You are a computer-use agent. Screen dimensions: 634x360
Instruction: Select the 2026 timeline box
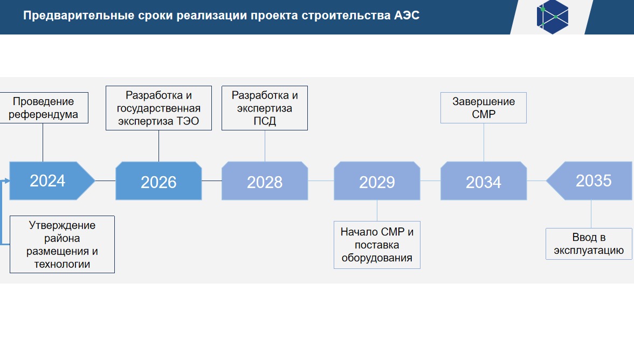tap(158, 181)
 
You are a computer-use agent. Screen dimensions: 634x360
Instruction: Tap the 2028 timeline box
tap(265, 181)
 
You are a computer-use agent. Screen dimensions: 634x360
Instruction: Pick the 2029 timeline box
tap(377, 181)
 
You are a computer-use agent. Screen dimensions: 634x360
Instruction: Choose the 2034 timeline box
tap(484, 181)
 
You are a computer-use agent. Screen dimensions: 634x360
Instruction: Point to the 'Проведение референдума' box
tap(44, 108)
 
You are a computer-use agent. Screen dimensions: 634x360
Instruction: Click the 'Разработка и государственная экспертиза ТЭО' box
tap(158, 108)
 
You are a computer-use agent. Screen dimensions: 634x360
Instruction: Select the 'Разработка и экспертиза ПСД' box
tap(265, 108)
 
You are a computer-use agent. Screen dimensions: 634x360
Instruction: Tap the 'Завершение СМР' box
tap(484, 108)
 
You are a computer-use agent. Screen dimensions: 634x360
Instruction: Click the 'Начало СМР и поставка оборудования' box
tap(377, 245)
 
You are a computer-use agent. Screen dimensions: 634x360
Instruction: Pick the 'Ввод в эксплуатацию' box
tap(589, 244)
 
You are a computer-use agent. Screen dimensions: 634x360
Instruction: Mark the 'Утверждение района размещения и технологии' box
tap(63, 245)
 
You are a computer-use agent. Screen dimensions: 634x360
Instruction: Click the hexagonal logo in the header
tap(552, 17)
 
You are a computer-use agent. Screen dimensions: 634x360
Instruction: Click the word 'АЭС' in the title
tap(406, 15)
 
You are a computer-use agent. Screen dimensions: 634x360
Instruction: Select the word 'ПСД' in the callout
tap(265, 121)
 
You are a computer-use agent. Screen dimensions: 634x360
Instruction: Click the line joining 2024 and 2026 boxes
tap(105, 181)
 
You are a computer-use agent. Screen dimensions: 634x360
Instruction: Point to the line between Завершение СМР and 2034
tap(484, 142)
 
